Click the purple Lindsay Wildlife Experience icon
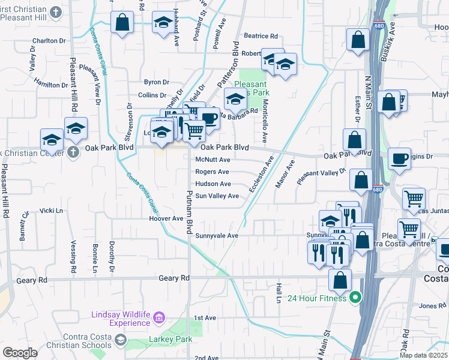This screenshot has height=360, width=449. point(158,317)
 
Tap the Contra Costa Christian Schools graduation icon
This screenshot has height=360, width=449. point(120,340)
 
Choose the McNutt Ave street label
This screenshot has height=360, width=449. point(213,160)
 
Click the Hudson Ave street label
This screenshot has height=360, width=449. point(213,184)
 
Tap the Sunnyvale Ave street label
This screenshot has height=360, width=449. point(217,236)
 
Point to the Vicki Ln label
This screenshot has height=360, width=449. point(51,211)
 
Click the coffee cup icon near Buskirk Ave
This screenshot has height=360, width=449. point(399,158)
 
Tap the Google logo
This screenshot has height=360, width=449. point(20,353)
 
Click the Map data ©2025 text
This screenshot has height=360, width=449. point(423,355)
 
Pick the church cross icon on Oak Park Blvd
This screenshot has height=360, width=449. point(73,151)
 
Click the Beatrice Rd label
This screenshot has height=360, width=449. point(260,37)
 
